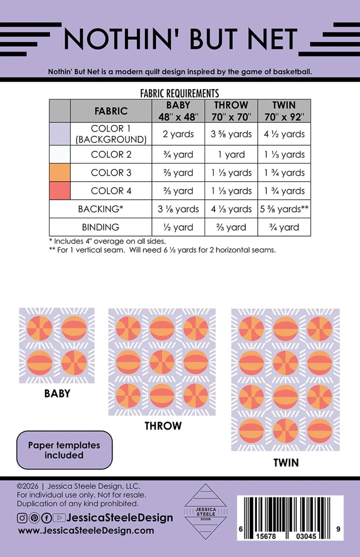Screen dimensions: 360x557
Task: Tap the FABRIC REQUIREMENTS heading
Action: (180, 94)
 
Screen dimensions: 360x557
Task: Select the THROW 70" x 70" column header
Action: (231, 111)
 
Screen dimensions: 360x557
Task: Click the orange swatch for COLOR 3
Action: (60, 172)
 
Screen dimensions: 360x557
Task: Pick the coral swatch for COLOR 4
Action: (60, 190)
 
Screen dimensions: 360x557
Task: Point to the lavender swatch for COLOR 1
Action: (60, 134)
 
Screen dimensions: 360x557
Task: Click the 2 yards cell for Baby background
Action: (178, 134)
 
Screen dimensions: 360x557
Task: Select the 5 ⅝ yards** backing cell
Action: (284, 209)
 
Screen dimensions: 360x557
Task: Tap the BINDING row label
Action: (100, 227)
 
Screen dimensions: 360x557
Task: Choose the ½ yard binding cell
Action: (178, 227)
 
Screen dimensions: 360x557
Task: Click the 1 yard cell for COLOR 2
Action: (231, 154)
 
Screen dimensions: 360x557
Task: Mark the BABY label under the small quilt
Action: (57, 394)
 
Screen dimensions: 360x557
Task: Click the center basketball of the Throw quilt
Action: (162, 362)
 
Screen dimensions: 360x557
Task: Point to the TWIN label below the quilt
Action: (286, 463)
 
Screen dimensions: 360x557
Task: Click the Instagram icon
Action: (22, 518)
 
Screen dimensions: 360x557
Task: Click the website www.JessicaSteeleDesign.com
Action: (86, 531)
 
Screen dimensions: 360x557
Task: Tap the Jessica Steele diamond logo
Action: (206, 511)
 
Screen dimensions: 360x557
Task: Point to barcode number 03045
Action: (306, 536)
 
